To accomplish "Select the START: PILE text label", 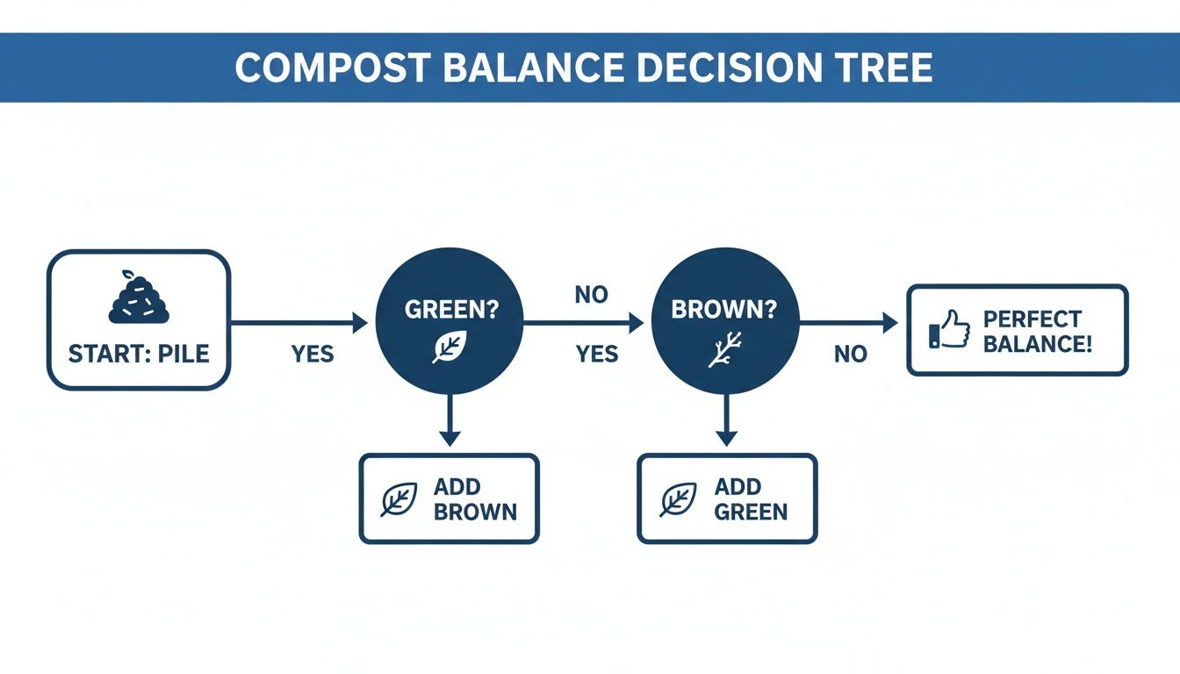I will pyautogui.click(x=139, y=355).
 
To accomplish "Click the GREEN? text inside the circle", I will pyautogui.click(x=450, y=310).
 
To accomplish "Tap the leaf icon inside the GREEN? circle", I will pyautogui.click(x=450, y=347).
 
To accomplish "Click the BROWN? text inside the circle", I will pyautogui.click(x=724, y=310).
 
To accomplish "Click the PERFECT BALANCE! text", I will pyautogui.click(x=1037, y=331).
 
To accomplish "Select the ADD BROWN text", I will pyautogui.click(x=474, y=498).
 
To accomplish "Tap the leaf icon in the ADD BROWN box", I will pyautogui.click(x=399, y=499).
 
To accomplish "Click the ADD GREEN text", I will pyautogui.click(x=751, y=498).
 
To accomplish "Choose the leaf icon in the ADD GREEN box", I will pyautogui.click(x=678, y=499).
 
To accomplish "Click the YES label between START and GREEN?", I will pyautogui.click(x=313, y=354).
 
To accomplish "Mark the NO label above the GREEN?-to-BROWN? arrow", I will pyautogui.click(x=591, y=295).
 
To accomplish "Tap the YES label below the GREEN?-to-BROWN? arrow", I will pyautogui.click(x=597, y=354).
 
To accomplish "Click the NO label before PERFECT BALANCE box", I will pyautogui.click(x=851, y=354).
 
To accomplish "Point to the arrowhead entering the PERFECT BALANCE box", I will pyautogui.click(x=890, y=324).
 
